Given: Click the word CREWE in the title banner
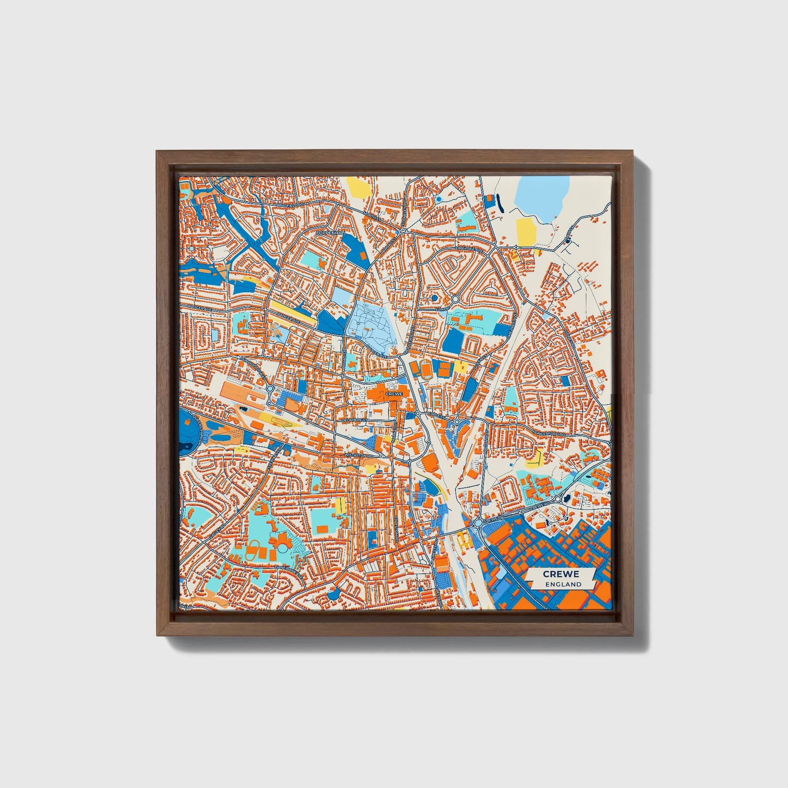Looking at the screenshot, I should (x=561, y=574).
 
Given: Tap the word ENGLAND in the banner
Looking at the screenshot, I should (x=561, y=584).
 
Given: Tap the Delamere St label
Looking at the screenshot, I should (x=354, y=420).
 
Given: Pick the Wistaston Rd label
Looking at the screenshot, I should (x=358, y=454).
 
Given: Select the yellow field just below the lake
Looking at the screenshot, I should (x=525, y=232).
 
